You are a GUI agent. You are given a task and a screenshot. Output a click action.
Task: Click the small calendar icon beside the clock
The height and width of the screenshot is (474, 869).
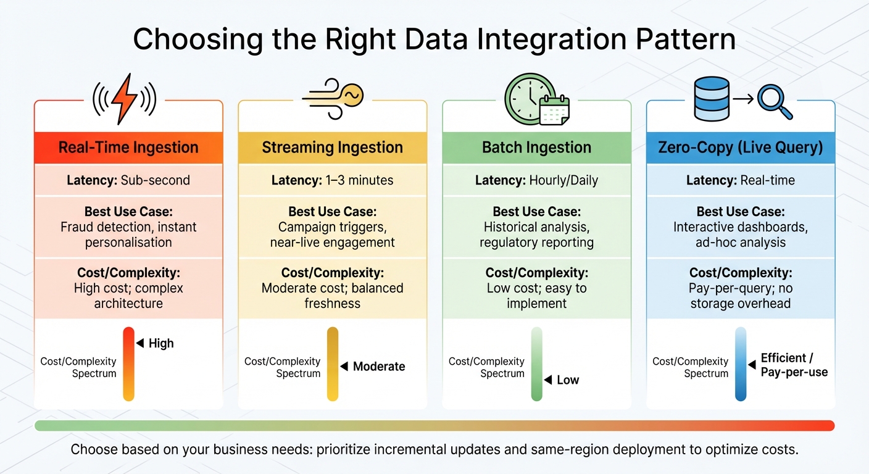point(554,111)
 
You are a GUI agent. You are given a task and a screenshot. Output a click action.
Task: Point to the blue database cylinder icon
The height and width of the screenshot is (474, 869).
point(712,99)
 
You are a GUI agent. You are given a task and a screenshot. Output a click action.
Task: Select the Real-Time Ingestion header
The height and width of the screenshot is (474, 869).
point(128,148)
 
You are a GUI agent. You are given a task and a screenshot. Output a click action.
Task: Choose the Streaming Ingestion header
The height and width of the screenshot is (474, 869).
point(332,148)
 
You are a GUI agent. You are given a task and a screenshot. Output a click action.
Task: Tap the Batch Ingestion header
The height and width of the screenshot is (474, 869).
point(536,148)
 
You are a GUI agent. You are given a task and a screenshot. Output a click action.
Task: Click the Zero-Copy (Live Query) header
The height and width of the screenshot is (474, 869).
point(740,148)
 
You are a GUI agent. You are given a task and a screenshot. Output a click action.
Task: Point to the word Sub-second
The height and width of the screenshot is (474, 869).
point(155,180)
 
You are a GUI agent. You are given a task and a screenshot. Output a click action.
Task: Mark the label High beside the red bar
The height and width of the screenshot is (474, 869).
point(161,343)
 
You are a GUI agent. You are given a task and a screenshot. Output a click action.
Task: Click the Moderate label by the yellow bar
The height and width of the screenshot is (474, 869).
point(379,367)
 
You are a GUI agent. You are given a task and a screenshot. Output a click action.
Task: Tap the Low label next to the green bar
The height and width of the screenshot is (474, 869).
point(568,380)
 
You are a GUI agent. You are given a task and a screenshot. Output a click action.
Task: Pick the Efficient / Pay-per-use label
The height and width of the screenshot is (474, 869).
point(794,365)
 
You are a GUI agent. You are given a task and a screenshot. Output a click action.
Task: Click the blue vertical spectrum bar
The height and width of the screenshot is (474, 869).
point(741,364)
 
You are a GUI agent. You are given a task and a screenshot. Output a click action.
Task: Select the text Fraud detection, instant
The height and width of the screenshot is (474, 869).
point(128,227)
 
